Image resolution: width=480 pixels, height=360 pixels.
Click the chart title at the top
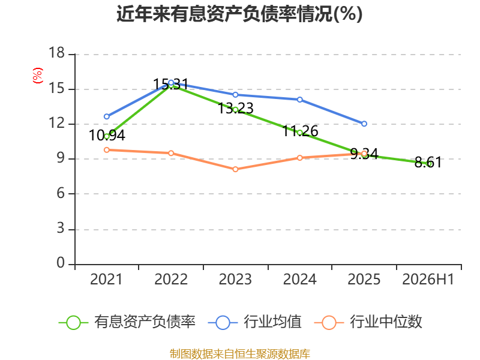tap(239, 14)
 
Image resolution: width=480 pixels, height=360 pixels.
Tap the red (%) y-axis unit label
tap(38, 76)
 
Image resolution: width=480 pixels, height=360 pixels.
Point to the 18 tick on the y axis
tap(56, 53)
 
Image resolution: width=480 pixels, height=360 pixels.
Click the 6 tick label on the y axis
tap(61, 193)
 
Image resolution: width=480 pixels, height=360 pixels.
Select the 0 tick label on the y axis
tap(61, 263)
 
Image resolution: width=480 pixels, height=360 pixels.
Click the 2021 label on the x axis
tap(106, 280)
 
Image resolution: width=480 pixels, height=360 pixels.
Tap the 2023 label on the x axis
tap(235, 280)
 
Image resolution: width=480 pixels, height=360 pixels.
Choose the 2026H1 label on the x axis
tap(428, 280)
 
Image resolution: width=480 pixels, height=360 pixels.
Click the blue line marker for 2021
tap(107, 116)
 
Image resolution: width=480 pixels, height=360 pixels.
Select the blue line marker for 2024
tap(299, 100)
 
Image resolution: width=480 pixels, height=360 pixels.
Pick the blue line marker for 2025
tap(364, 124)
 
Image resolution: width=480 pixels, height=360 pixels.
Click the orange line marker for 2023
tap(235, 169)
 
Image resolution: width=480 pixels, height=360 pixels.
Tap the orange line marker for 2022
tap(171, 153)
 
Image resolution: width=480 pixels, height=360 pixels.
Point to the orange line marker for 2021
tap(107, 149)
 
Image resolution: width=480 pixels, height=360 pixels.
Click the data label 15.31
tap(170, 84)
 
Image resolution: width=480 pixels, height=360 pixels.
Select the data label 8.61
tap(428, 162)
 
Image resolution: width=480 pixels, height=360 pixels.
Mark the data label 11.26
tap(300, 131)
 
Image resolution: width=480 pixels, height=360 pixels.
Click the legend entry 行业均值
tap(254, 322)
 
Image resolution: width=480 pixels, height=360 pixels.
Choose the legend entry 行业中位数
tap(368, 322)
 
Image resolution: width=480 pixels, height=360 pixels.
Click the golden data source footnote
tap(240, 354)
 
